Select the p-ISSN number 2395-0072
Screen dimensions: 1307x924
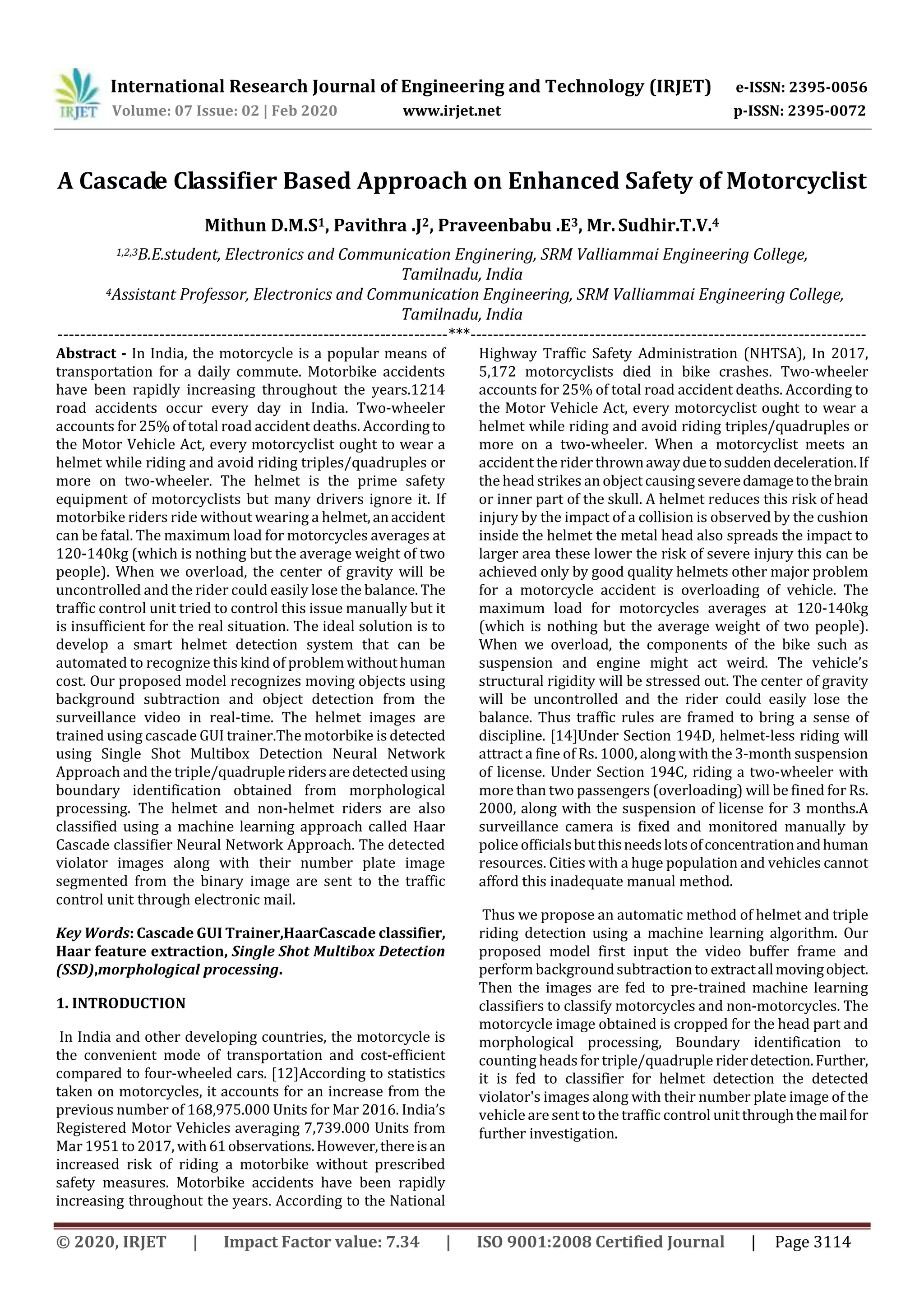coord(827,111)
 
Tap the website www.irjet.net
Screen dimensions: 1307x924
coord(452,111)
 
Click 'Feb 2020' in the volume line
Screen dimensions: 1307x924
coord(304,111)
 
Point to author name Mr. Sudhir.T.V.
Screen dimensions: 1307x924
coord(650,226)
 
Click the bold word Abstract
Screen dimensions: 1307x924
coord(87,354)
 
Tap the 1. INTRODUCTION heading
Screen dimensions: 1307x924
coord(121,1003)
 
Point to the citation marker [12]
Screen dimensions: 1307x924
coord(282,1073)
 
